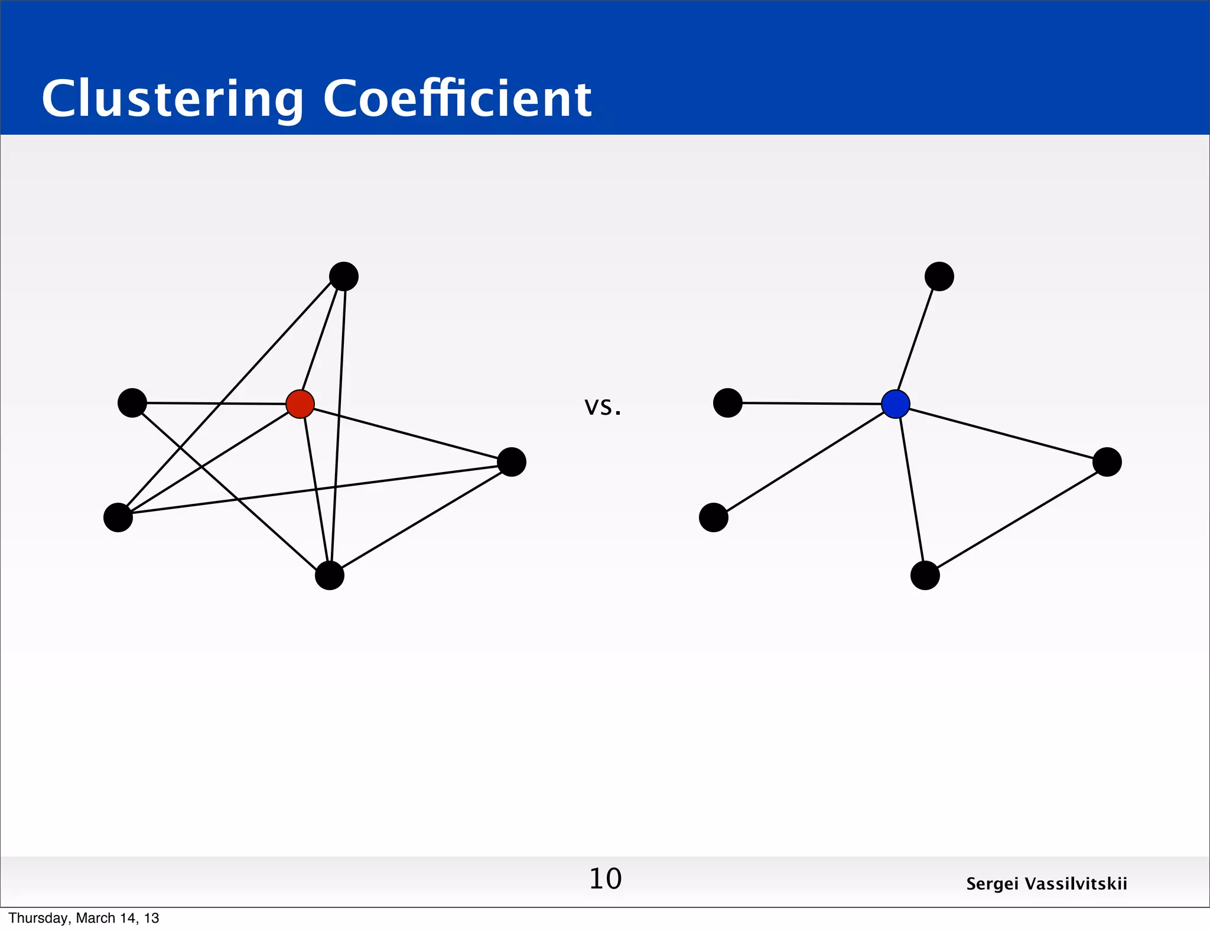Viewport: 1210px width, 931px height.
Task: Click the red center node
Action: [x=300, y=404]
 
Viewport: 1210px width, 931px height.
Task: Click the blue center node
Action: [x=896, y=404]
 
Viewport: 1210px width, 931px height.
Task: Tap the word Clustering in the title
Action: [x=173, y=99]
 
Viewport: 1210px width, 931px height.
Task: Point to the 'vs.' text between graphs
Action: [x=603, y=406]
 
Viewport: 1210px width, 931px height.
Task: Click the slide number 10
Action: [x=605, y=878]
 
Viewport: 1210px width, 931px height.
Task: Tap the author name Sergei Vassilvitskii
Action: [x=1046, y=884]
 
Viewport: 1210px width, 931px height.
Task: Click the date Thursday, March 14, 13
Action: [x=84, y=918]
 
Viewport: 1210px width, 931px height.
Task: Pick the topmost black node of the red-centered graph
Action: [x=344, y=276]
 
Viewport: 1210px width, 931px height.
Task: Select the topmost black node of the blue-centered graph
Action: [x=939, y=276]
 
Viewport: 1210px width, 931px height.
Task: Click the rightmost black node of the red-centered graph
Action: [x=512, y=462]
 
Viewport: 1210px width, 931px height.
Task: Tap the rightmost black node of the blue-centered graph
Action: [x=1107, y=462]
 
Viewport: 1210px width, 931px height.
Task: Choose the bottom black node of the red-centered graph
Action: [x=330, y=575]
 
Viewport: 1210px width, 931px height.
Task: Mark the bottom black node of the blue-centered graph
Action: [x=925, y=575]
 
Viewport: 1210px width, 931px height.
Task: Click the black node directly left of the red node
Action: [x=132, y=403]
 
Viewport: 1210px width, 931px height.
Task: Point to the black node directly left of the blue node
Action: [x=728, y=403]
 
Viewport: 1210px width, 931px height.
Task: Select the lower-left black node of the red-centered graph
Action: [x=118, y=517]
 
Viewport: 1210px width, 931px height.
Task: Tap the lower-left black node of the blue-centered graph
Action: [x=714, y=517]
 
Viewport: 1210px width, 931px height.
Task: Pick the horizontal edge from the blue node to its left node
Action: [x=812, y=403]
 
